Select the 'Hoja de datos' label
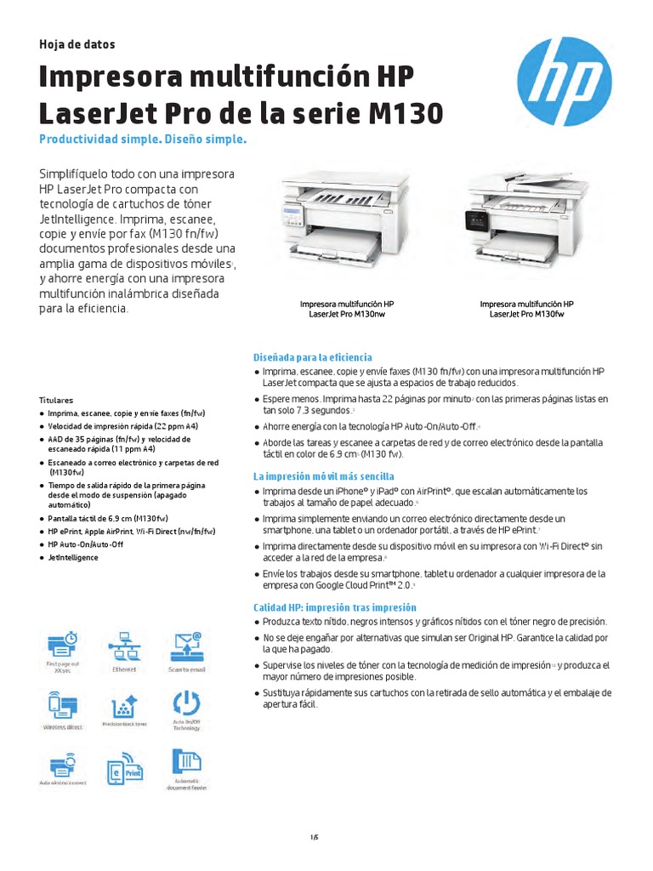click(77, 44)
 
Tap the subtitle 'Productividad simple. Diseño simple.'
click(143, 139)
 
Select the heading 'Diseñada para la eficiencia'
click(312, 357)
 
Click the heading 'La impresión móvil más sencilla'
click(323, 476)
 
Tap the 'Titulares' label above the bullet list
click(56, 399)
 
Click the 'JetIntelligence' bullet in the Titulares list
click(73, 557)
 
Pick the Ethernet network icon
click(124, 646)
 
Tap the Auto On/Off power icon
click(185, 704)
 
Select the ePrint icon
click(124, 767)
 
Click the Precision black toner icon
click(124, 706)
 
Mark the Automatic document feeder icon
click(185, 763)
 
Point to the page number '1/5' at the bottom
click(314, 837)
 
